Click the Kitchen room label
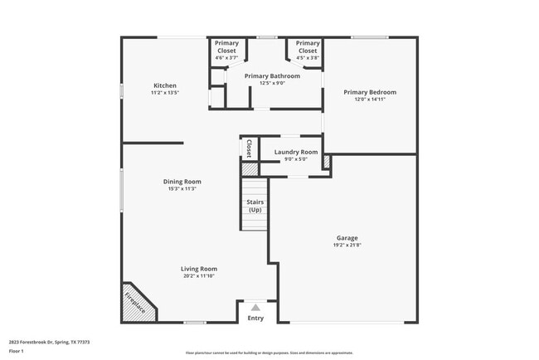(x=165, y=85)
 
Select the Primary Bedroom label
(x=370, y=91)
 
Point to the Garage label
(x=347, y=238)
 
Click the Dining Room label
(x=182, y=181)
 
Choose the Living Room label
(x=199, y=269)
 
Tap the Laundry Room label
(x=296, y=152)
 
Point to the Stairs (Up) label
(x=255, y=205)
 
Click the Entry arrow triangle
(x=255, y=307)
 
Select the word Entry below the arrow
(x=255, y=318)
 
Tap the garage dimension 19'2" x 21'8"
(x=347, y=246)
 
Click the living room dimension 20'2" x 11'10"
(x=199, y=276)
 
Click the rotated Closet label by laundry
(x=249, y=148)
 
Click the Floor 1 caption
(x=17, y=351)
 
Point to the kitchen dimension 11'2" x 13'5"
(x=165, y=93)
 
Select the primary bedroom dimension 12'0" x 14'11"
(x=370, y=99)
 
